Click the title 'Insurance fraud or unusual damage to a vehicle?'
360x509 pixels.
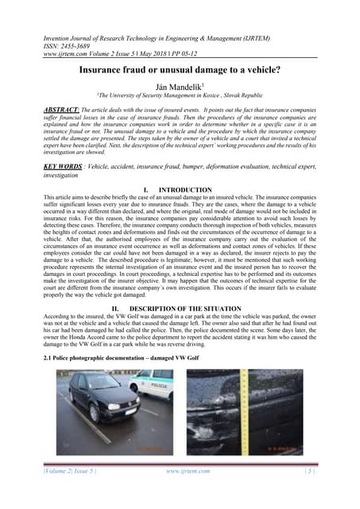point(180,70)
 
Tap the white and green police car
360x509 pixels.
point(154,386)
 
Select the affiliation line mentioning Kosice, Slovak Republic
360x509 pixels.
point(180,96)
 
